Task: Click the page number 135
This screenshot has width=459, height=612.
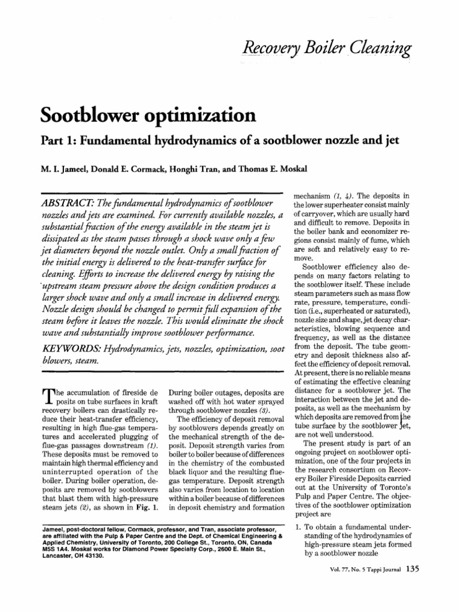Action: tap(412, 585)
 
